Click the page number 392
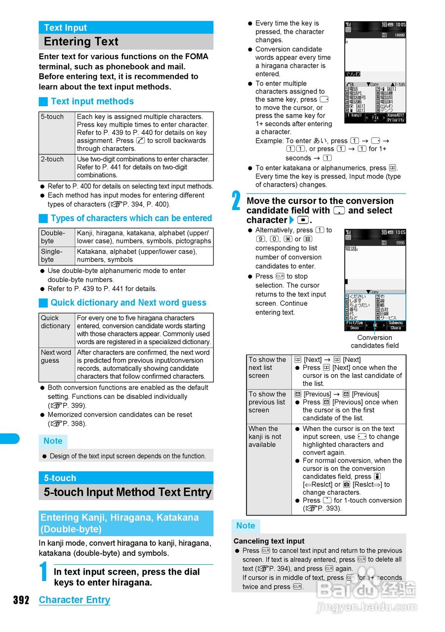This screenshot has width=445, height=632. (x=21, y=600)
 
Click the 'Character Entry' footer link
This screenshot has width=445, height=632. (x=75, y=600)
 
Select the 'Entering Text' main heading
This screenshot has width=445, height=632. (x=81, y=41)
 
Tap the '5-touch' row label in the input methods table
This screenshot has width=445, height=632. (x=52, y=117)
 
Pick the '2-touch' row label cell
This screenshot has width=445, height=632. (x=52, y=159)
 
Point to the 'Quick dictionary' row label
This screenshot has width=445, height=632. (x=55, y=322)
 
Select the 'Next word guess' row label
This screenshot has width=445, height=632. (x=56, y=356)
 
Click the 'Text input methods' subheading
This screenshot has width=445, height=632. (x=92, y=101)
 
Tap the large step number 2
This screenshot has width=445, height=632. (x=237, y=201)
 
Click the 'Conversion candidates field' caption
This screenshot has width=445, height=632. (x=374, y=342)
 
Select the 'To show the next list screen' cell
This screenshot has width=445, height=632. (x=268, y=368)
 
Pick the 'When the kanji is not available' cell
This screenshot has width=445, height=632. (x=265, y=436)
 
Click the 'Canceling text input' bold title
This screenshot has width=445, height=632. (x=269, y=541)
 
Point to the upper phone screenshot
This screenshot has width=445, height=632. (x=375, y=72)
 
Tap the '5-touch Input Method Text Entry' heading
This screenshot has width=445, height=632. (x=127, y=492)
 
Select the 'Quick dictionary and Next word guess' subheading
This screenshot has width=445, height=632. (x=128, y=303)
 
